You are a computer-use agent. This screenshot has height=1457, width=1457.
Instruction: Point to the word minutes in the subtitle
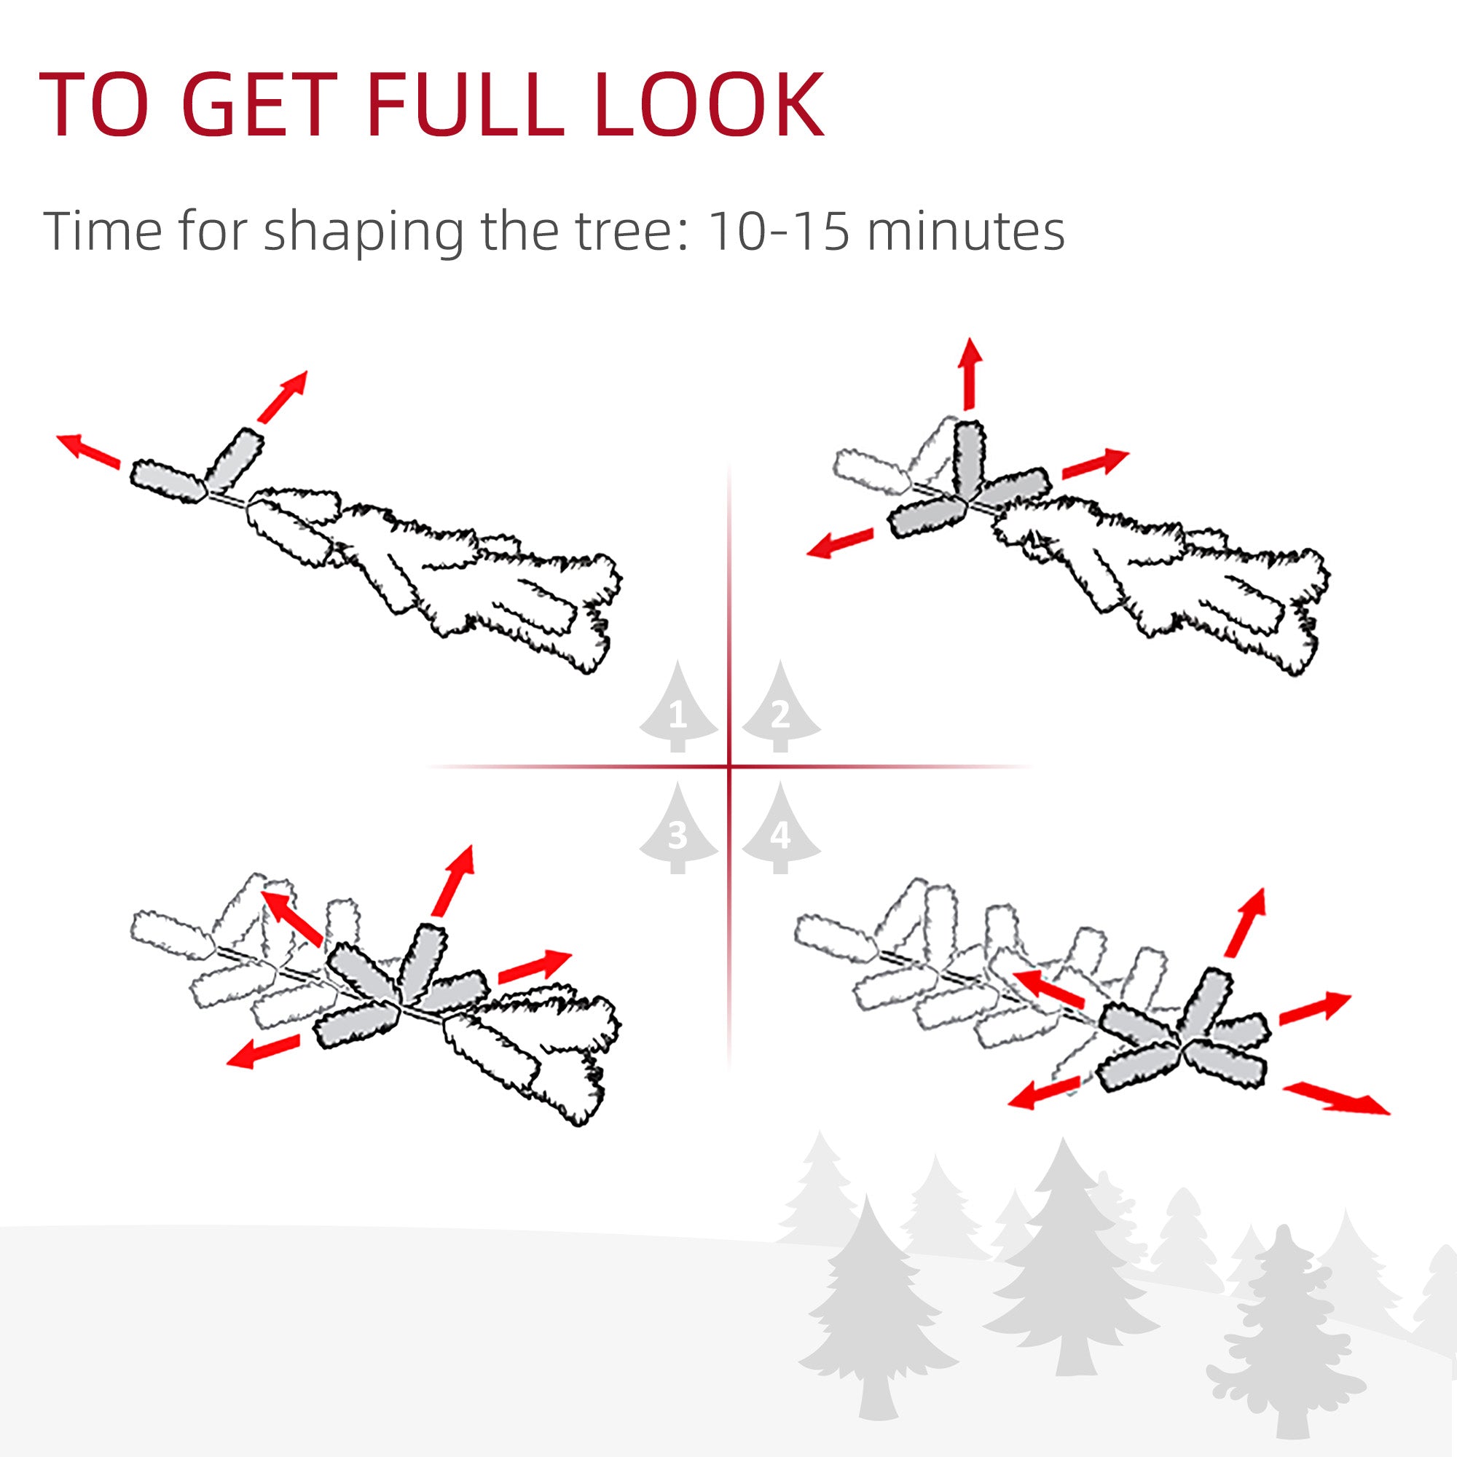coord(966,231)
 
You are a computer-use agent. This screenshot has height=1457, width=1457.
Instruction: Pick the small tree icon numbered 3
coord(678,828)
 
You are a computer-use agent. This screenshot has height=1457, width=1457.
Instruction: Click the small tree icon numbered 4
coord(780,828)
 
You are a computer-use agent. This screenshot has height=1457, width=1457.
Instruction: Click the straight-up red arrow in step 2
coord(970,373)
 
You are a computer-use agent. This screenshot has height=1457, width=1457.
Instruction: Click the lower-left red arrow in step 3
coord(263,1051)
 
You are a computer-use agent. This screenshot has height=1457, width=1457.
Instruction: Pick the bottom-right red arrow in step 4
coord(1335,1098)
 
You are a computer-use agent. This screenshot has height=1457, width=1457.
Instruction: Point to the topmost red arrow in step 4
coord(1245,923)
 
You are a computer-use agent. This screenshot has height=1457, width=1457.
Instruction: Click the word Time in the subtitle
coord(103,231)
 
